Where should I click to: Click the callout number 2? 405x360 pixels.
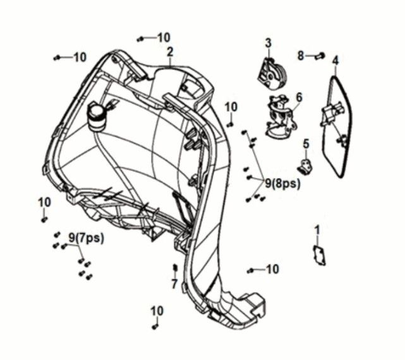pos(170,51)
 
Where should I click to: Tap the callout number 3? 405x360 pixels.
pos(268,43)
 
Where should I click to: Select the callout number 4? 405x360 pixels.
pos(335,61)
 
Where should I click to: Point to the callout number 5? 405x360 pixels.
pos(306,145)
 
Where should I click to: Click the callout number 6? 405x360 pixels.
pos(299,97)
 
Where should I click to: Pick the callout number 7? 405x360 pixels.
pos(174,284)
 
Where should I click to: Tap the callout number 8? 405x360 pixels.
pos(301,55)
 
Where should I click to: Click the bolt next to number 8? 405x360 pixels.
pos(319,56)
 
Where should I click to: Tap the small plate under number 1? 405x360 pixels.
pos(319,255)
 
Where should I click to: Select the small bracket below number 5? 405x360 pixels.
pos(306,167)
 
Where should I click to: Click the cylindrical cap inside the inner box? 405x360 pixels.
pos(97,116)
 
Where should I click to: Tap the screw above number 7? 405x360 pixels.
pos(174,268)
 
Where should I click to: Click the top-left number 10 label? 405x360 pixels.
pos(80,57)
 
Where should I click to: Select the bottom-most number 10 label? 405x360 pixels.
pos(157,311)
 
